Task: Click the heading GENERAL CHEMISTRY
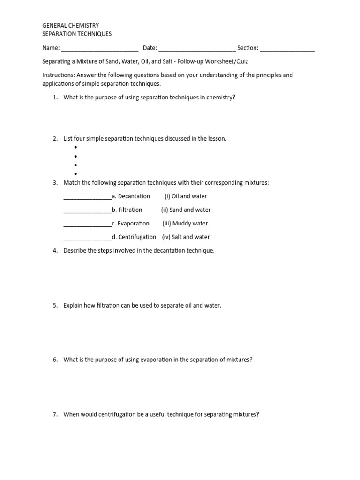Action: pos(70,25)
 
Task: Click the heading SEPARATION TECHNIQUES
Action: pos(77,34)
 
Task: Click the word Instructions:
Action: pos(59,75)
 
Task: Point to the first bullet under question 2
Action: pos(75,148)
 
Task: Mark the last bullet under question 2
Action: pos(75,174)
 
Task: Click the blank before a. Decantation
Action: pos(87,197)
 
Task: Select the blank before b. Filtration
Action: pos(87,211)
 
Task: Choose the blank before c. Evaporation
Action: pos(87,225)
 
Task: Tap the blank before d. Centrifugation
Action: pos(87,238)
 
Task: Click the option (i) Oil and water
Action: pos(186,196)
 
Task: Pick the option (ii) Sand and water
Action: pos(186,210)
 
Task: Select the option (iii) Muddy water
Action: pos(185,224)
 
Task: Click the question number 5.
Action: pos(55,305)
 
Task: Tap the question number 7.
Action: pos(55,414)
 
